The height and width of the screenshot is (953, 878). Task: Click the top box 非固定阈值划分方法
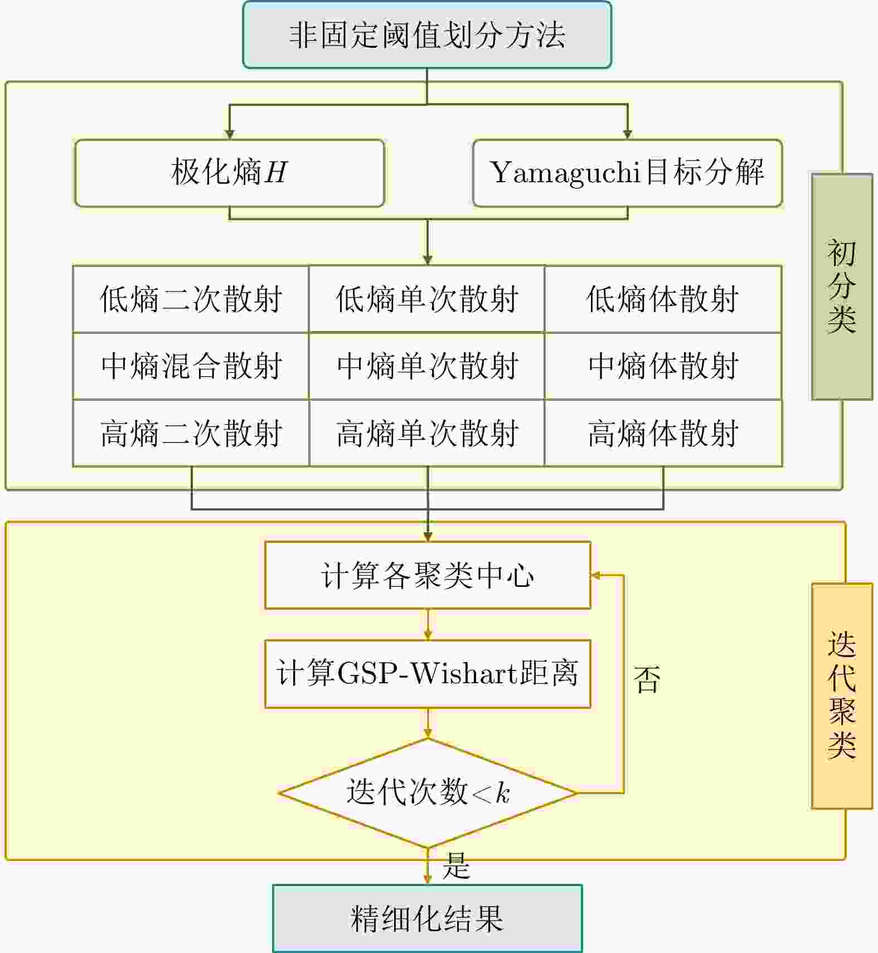point(427,35)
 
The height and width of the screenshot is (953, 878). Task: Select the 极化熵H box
point(230,173)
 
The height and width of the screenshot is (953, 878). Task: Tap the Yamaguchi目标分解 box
point(627,173)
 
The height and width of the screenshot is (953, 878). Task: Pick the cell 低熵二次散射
point(191,299)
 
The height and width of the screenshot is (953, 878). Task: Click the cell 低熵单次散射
point(427,299)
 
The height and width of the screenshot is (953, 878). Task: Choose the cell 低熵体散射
point(663,299)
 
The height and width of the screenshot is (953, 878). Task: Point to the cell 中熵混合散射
point(191,366)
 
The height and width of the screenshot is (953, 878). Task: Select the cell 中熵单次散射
point(427,366)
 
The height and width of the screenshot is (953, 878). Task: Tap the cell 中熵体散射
point(663,366)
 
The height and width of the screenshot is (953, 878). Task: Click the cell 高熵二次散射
point(191,433)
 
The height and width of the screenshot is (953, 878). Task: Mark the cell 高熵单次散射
point(427,433)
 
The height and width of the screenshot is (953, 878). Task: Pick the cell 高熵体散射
point(663,433)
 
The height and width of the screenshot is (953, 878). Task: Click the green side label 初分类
point(842,286)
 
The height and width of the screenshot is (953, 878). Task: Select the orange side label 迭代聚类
point(842,696)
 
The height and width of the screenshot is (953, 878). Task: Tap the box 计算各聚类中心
point(427,575)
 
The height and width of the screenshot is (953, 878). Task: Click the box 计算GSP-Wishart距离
point(427,674)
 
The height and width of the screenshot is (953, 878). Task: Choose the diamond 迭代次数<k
point(427,792)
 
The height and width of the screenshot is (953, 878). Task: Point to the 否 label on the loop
point(647,680)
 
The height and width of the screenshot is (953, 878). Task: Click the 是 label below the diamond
point(456,866)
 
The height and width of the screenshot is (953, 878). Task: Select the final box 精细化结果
point(427,918)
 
